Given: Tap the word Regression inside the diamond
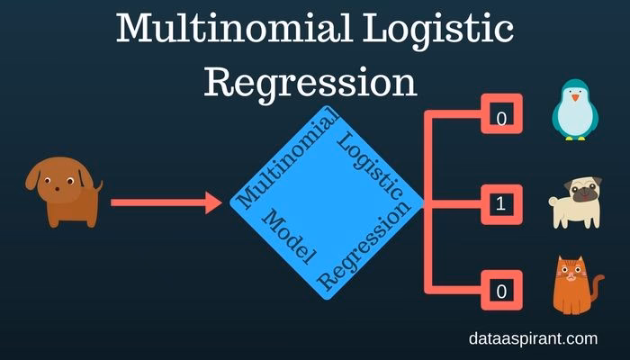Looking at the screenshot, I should click(364, 247).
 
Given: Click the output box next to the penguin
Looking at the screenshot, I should click(501, 118).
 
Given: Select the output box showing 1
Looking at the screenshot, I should click(501, 204).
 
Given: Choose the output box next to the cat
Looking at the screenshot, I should click(501, 291).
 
